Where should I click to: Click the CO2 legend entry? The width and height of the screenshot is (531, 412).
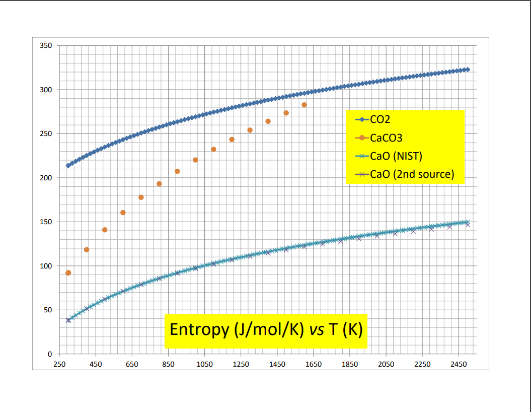tap(380, 120)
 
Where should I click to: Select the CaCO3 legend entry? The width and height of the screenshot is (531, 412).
tap(386, 138)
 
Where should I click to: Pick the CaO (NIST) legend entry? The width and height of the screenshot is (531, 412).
tap(396, 156)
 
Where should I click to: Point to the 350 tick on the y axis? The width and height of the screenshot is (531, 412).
tap(46, 46)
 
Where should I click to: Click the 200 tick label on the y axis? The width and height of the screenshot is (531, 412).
tap(46, 178)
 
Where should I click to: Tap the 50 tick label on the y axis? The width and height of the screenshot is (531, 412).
tap(47, 310)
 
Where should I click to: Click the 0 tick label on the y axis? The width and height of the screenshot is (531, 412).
tap(49, 354)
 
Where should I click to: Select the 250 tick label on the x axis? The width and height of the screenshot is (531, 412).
tap(59, 364)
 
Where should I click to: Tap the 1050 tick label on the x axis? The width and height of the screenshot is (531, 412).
tap(204, 364)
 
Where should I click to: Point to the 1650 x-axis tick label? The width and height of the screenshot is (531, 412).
tap(313, 364)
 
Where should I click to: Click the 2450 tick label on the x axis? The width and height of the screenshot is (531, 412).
tap(458, 364)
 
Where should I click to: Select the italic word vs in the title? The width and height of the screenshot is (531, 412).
tap(316, 329)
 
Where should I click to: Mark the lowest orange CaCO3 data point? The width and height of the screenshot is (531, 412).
tap(68, 273)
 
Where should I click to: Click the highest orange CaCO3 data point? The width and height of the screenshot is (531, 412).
tap(304, 105)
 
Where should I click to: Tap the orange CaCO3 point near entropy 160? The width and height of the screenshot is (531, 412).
tap(123, 213)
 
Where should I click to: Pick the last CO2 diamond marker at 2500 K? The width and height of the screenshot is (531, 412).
tap(467, 70)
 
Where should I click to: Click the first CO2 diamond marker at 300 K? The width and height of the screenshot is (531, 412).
tap(68, 165)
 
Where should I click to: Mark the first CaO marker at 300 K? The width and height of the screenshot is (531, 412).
tap(68, 320)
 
